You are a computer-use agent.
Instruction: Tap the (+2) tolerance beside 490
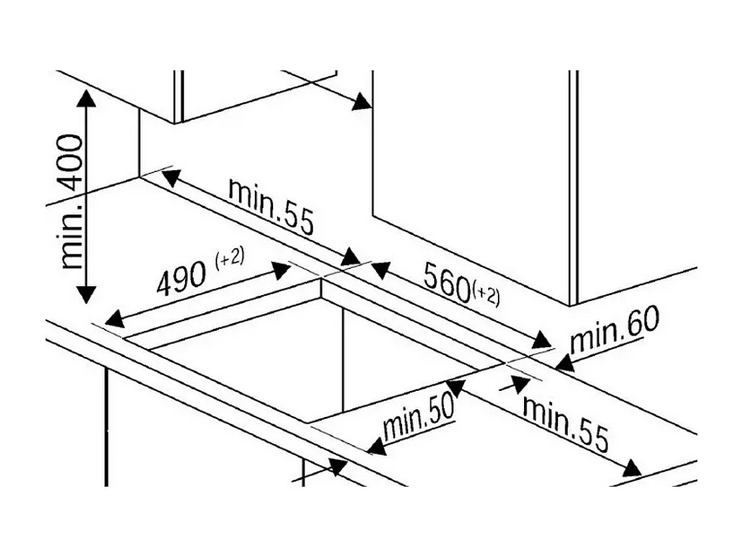tap(230, 258)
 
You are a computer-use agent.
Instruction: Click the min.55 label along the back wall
tap(271, 207)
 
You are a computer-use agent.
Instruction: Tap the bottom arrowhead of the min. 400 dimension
tap(86, 294)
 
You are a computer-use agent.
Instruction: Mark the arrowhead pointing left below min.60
tap(564, 364)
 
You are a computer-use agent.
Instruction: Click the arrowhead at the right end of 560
tap(542, 340)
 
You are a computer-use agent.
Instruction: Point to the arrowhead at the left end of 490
tap(114, 319)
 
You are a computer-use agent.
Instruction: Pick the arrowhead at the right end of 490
tap(280, 270)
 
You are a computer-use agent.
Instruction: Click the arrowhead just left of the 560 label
tap(380, 270)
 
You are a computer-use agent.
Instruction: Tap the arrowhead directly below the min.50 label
tap(377, 446)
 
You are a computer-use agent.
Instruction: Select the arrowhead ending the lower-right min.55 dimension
tap(632, 468)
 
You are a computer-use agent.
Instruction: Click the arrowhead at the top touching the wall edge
tap(362, 102)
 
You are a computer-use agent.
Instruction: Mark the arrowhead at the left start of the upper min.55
tap(171, 178)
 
